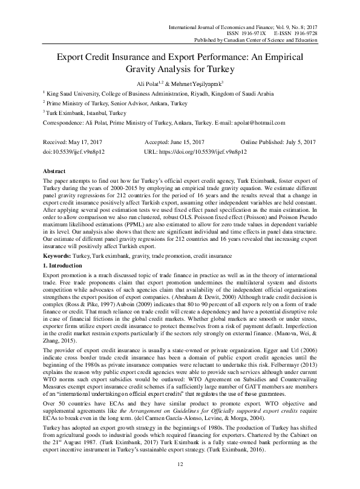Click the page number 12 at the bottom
[x=180, y=464]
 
